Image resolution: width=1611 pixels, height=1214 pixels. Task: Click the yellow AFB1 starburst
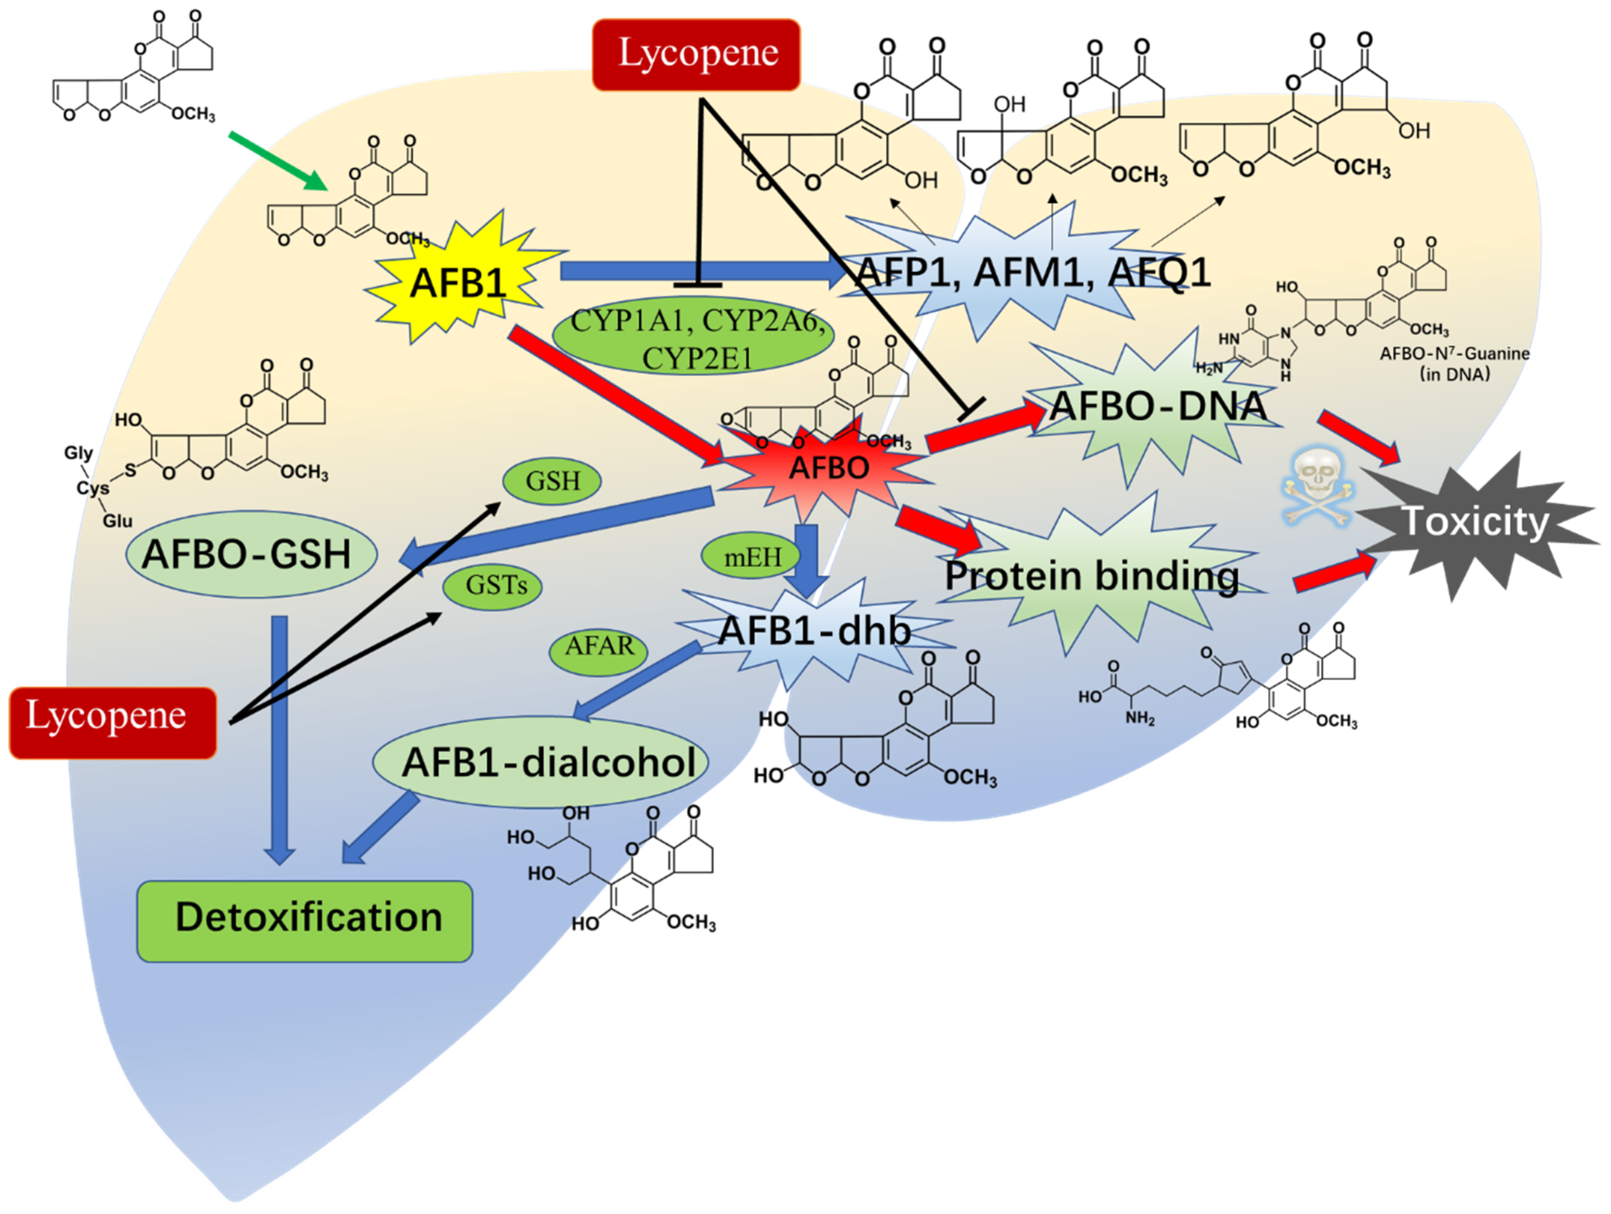(458, 283)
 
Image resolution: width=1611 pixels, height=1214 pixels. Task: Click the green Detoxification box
(304, 920)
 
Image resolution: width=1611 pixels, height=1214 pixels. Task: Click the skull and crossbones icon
(1317, 486)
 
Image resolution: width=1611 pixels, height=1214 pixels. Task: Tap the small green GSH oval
(552, 481)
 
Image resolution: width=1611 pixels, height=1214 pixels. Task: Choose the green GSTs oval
(493, 585)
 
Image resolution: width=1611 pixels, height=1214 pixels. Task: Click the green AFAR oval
(598, 646)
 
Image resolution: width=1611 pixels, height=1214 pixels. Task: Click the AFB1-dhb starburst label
(814, 630)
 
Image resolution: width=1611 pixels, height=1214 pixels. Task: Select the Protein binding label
(1091, 576)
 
